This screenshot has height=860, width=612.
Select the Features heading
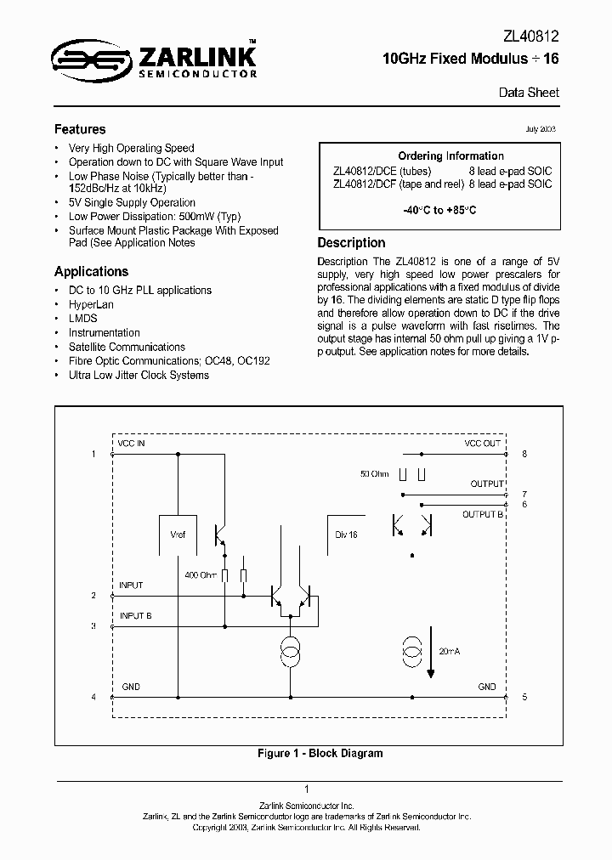point(80,129)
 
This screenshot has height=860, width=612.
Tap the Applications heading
point(91,272)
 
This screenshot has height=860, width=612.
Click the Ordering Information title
point(450,156)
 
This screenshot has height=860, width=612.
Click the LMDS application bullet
point(83,319)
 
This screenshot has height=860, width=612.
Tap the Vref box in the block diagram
point(178,535)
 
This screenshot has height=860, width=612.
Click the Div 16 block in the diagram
point(346,535)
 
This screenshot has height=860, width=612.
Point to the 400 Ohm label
point(201,575)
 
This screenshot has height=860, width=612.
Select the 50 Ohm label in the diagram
point(375,473)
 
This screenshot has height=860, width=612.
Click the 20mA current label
point(449,650)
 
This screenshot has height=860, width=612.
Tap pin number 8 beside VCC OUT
point(524,455)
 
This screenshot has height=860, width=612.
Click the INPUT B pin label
point(135,615)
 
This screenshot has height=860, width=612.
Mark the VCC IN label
point(131,444)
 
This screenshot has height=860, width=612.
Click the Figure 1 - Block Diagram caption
point(320,753)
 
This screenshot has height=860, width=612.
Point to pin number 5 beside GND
point(524,697)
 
